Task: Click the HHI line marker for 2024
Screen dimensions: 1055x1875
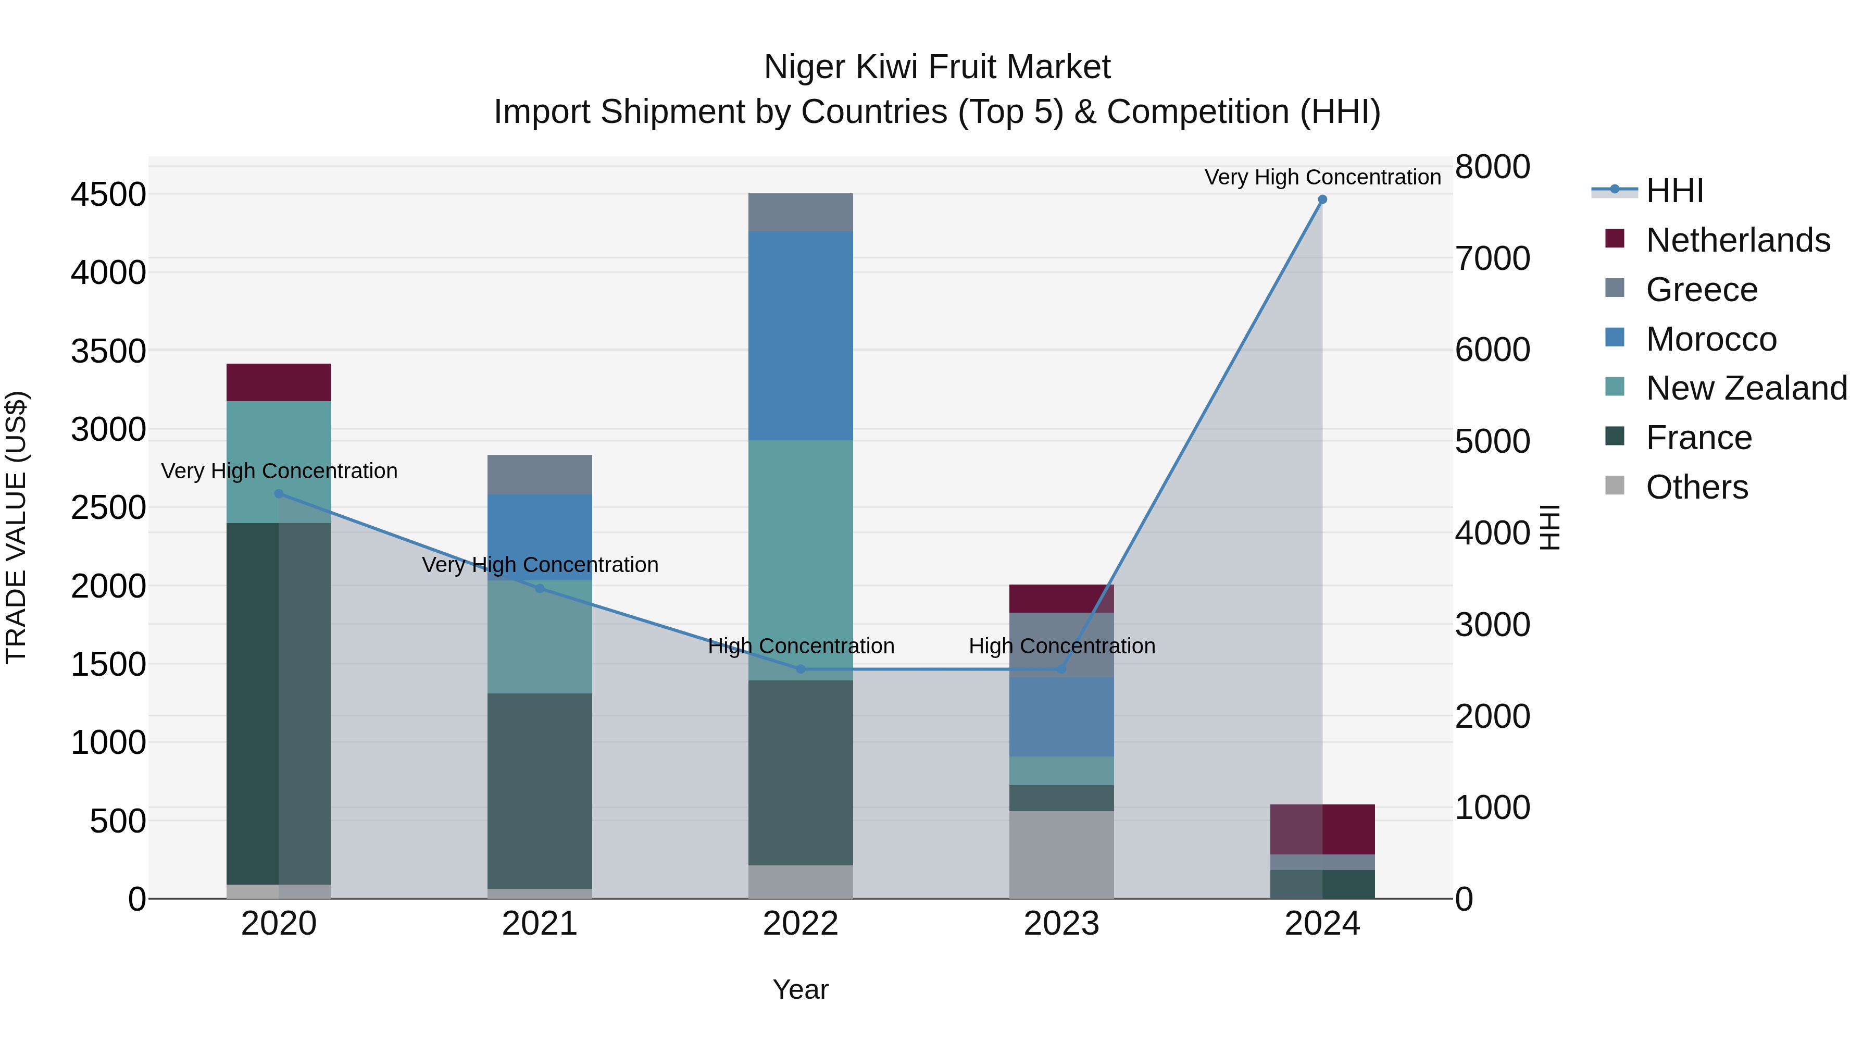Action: coord(1322,200)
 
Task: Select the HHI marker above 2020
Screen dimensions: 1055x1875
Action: coord(279,494)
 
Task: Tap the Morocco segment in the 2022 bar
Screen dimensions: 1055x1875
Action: coord(800,336)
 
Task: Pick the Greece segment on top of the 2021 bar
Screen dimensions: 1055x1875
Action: coord(540,475)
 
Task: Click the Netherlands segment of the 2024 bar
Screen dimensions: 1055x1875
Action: coord(1322,829)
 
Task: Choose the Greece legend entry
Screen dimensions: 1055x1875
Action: coord(1701,290)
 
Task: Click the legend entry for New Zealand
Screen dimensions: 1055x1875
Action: coord(1745,388)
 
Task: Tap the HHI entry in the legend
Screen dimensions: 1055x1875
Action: coord(1674,191)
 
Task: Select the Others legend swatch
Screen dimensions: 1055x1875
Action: coord(1615,486)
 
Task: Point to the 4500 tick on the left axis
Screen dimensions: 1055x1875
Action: coord(108,195)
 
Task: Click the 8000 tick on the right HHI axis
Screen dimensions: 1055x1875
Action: coord(1492,167)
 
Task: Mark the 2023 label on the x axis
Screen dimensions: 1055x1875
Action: coord(1061,924)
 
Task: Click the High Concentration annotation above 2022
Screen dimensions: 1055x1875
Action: coord(801,646)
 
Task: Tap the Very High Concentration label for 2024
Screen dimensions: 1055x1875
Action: coord(1322,177)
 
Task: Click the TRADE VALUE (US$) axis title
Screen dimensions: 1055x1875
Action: coord(16,527)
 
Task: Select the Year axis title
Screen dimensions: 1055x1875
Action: coord(800,989)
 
